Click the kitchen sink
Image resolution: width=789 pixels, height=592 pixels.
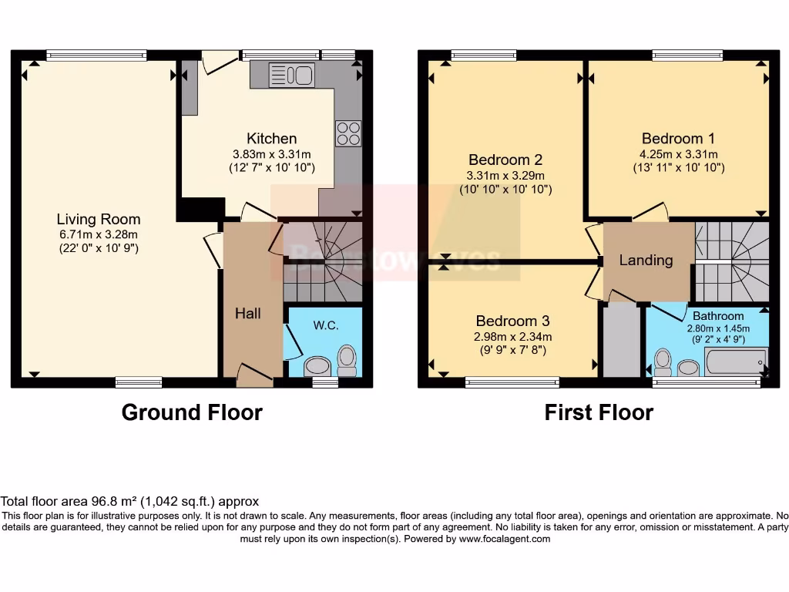[x=291, y=75]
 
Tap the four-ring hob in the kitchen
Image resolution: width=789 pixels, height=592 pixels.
[x=348, y=133]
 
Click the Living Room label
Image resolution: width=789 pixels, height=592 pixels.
[x=99, y=219]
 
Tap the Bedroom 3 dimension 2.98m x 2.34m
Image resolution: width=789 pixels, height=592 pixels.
[x=512, y=336]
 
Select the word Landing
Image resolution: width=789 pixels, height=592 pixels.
[x=646, y=260]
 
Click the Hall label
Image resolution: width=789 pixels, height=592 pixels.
[x=248, y=313]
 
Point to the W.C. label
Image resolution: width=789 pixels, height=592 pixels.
[x=326, y=325]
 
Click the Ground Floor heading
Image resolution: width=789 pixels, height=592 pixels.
[x=192, y=412]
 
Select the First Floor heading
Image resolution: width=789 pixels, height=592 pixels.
[x=599, y=412]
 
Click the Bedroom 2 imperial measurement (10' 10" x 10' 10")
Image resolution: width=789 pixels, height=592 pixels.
[x=505, y=189]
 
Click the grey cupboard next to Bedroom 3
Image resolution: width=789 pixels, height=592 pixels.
[x=621, y=340]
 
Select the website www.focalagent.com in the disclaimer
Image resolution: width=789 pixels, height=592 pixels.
[x=505, y=539]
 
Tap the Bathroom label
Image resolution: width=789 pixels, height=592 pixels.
[x=718, y=316]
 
